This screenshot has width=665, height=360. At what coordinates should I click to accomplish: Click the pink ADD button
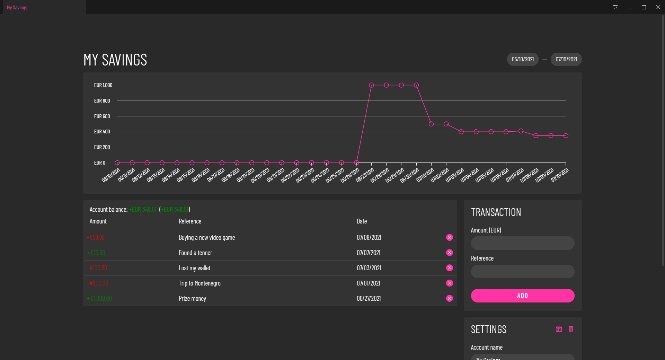coord(522,296)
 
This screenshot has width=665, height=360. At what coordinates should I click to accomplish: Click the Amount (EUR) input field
coord(522,243)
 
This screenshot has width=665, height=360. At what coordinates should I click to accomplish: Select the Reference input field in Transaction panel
coord(522,271)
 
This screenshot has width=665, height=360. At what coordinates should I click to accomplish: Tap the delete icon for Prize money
coord(450,298)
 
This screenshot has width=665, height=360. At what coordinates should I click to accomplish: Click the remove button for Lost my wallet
coord(450,268)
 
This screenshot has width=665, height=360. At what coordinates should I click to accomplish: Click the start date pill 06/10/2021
coord(523,59)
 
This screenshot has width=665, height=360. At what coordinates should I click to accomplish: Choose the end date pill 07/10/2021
coord(566,59)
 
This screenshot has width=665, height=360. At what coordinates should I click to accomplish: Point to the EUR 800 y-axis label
coord(102,101)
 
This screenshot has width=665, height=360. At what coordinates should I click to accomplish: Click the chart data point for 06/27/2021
coord(371,85)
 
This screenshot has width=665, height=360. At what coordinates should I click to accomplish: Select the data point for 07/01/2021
coord(431,124)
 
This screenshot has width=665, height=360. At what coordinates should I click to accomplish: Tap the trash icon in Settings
coord(571,329)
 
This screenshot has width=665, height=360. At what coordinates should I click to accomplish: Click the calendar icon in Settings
coord(559,329)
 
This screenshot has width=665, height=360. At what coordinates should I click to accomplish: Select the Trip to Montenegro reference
coord(199,283)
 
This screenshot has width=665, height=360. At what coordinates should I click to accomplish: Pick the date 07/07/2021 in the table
coord(369,253)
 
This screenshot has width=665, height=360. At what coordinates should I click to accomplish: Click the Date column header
coord(362,221)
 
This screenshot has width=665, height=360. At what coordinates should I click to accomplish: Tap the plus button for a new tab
coord(93,7)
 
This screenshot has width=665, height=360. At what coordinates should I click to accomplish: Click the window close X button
coord(658,7)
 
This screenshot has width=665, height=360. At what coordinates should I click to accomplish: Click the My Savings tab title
coord(17,8)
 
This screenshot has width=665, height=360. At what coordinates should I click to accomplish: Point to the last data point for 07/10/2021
coord(566,135)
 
